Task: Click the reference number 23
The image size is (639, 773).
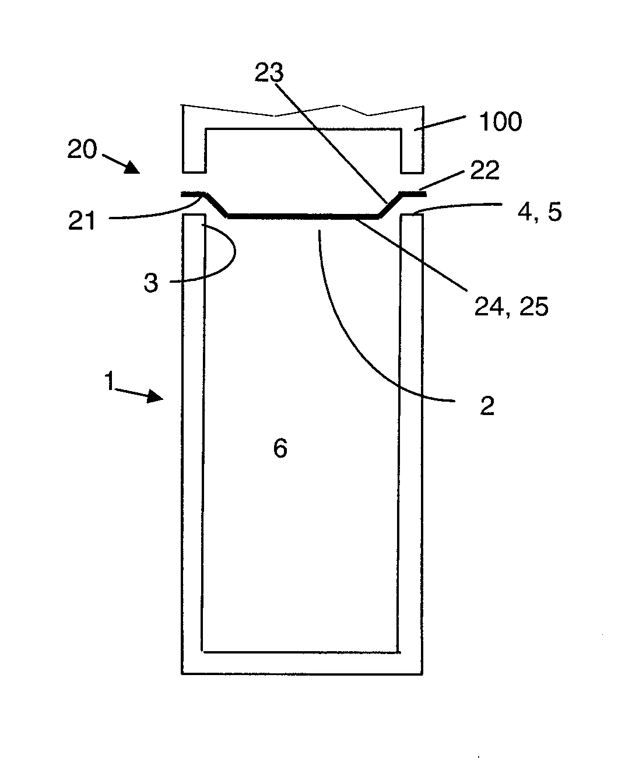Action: [x=269, y=72]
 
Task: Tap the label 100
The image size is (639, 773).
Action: [x=501, y=121]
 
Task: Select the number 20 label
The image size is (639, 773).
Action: [x=82, y=149]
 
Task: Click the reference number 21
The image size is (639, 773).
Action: [x=82, y=220]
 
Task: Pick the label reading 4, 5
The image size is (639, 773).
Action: [x=539, y=212]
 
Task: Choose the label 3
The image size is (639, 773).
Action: [x=150, y=283]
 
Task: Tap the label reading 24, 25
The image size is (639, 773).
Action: [x=511, y=307]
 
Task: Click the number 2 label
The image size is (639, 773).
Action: [x=487, y=406]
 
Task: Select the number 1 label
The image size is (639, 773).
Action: [x=109, y=381]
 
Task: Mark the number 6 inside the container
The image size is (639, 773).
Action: [x=280, y=448]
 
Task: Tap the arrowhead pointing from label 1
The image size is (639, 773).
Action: [x=155, y=396]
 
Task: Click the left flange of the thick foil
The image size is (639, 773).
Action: [x=193, y=194]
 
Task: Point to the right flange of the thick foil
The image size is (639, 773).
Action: [x=412, y=194]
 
